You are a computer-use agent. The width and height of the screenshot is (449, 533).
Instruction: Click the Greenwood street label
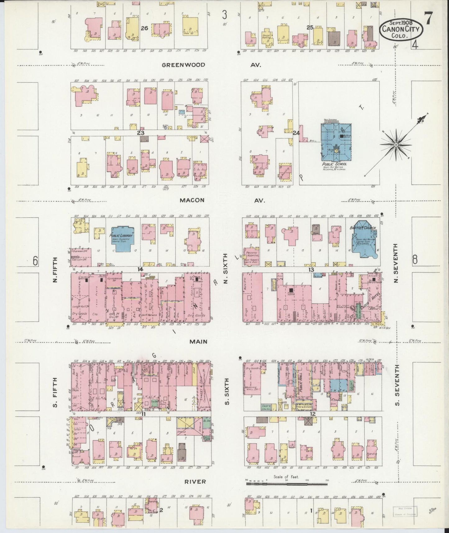183,65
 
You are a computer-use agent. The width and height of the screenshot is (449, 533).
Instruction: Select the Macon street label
192,200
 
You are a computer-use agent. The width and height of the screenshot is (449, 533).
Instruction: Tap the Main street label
199,341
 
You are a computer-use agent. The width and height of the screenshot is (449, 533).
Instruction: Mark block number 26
144,28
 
